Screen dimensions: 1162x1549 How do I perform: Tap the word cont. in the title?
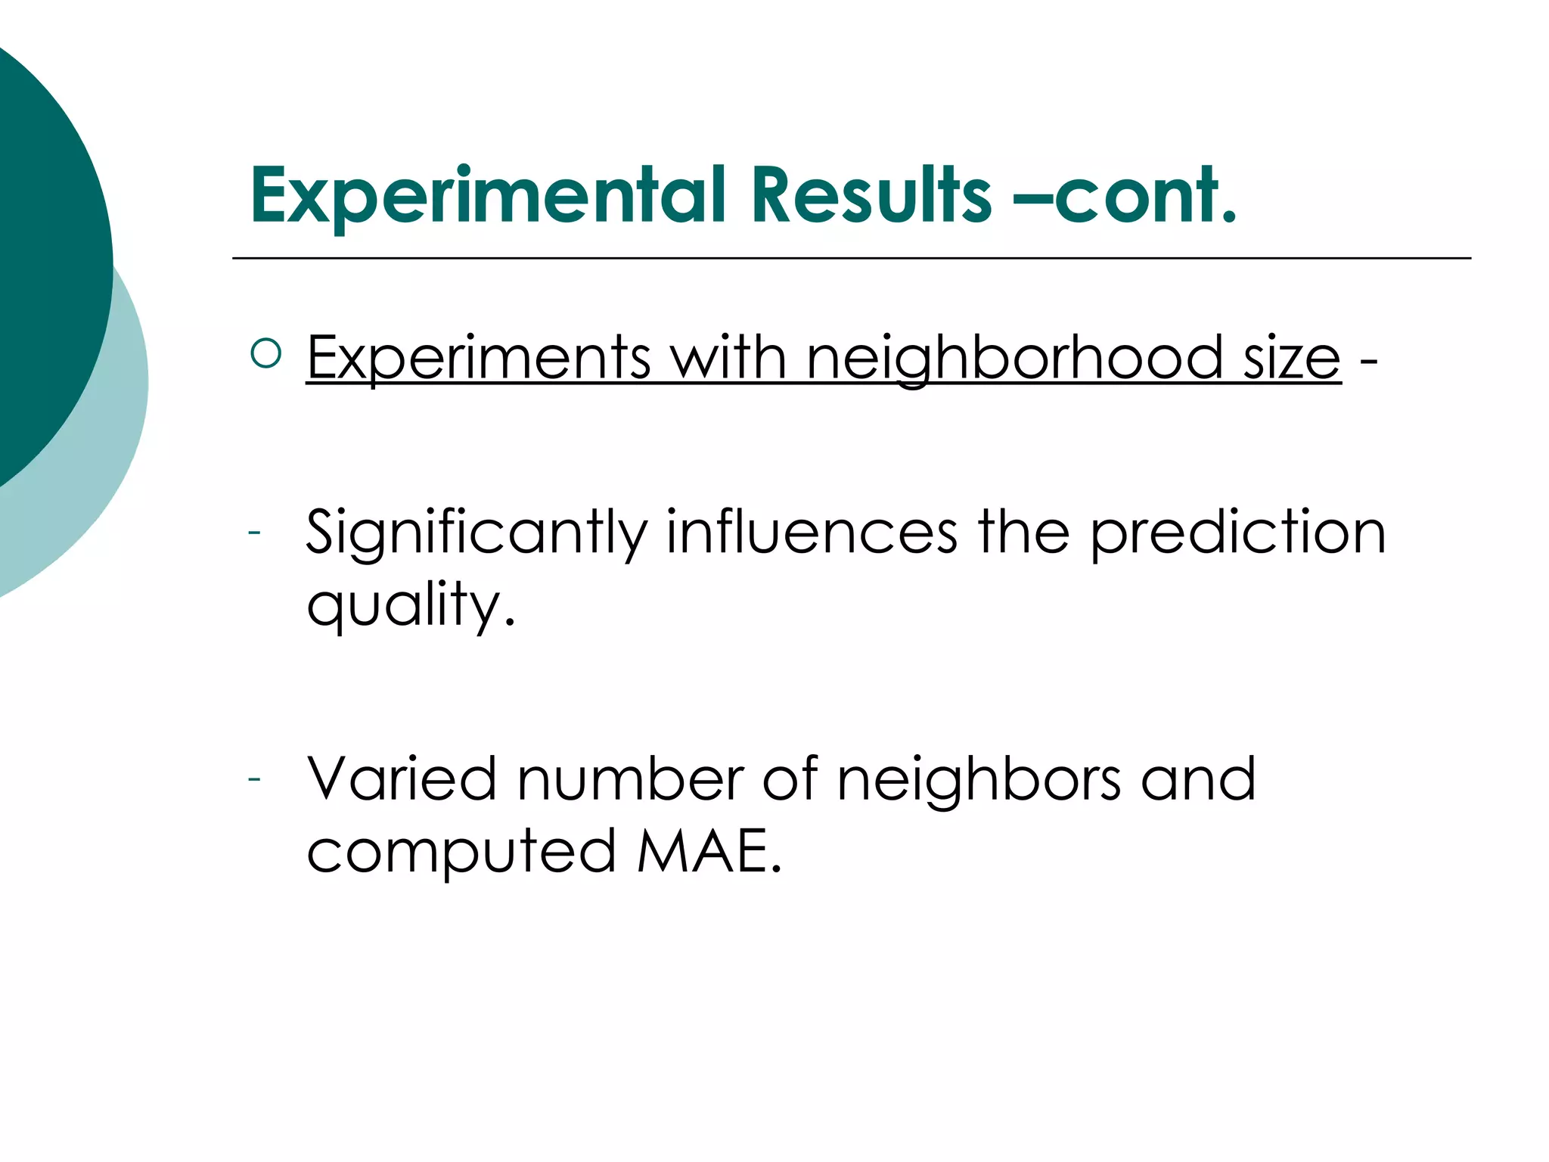[x=1146, y=197]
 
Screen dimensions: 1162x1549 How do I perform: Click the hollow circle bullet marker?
[x=265, y=353]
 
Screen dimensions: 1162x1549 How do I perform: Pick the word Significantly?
[x=476, y=533]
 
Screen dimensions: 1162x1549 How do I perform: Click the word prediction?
[x=1238, y=533]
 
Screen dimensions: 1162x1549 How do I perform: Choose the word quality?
[x=411, y=605]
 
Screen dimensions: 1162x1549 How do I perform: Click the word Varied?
[x=402, y=778]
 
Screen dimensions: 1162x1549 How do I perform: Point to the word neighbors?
[x=979, y=780]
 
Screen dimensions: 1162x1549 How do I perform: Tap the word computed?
[x=461, y=852]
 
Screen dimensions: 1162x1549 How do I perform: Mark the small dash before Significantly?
[x=254, y=533]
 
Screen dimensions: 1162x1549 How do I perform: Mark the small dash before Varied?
[x=254, y=778]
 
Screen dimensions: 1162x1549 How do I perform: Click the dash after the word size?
[x=1368, y=362]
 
